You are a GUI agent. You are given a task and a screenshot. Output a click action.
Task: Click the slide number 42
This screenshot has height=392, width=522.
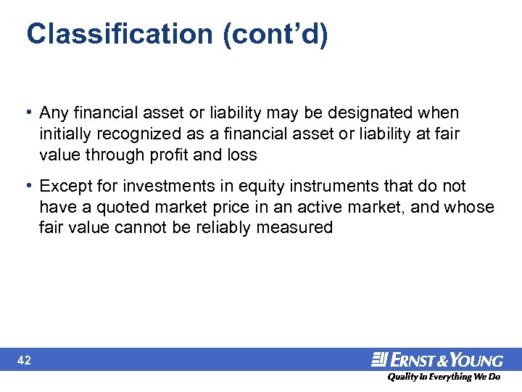(x=24, y=360)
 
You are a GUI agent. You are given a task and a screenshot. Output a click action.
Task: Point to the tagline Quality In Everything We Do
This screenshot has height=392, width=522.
(x=443, y=377)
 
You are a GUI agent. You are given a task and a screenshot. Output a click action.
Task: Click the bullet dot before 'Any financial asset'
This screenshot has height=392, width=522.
(x=28, y=113)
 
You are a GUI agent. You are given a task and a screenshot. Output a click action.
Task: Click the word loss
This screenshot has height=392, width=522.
(x=242, y=155)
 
